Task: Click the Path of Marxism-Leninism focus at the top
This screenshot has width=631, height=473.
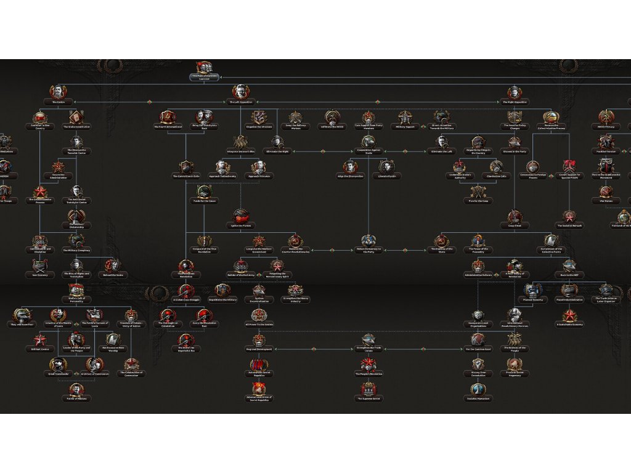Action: click(204, 68)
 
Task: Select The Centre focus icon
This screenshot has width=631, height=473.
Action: click(58, 92)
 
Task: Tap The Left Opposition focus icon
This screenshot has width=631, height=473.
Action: click(240, 92)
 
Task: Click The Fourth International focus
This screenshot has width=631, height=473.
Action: click(168, 118)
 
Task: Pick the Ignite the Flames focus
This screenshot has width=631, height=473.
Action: click(241, 216)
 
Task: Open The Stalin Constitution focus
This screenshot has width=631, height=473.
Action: click(76, 117)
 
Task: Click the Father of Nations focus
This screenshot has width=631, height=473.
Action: click(76, 390)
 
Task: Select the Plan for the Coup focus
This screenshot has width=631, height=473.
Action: click(478, 192)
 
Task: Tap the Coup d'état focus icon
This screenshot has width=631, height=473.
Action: click(515, 217)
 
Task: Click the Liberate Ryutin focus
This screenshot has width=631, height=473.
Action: click(386, 167)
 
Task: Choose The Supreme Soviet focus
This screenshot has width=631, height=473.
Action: click(368, 389)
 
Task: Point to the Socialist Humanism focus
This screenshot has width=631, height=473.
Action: click(478, 389)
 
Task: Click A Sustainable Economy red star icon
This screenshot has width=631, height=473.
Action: click(569, 316)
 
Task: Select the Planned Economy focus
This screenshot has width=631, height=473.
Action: click(533, 291)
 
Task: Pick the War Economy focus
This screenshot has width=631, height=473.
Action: click(40, 266)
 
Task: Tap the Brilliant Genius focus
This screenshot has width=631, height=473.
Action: click(40, 340)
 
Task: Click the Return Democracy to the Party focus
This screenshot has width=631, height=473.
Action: click(368, 241)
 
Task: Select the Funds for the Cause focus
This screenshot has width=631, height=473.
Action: click(204, 192)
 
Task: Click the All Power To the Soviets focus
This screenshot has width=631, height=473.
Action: click(259, 316)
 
